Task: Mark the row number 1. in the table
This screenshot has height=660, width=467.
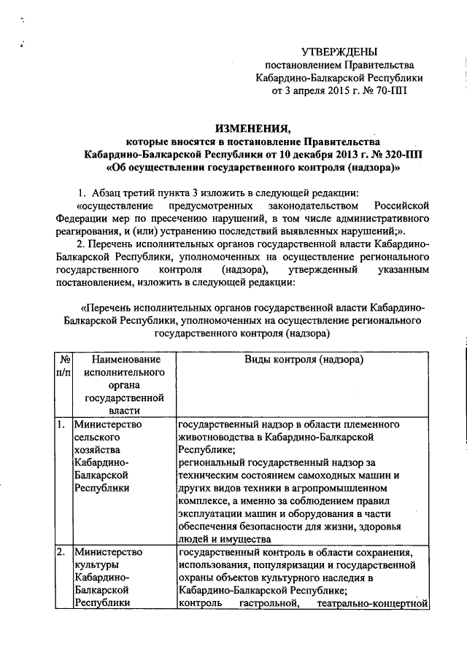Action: [61, 424]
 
